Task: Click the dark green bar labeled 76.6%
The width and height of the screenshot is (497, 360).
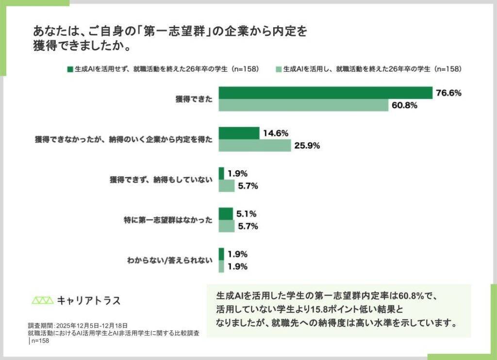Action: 325,93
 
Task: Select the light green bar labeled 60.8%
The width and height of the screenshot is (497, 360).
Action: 303,105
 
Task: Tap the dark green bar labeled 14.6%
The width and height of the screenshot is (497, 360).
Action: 239,133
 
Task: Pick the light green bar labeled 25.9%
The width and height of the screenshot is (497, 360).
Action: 254,146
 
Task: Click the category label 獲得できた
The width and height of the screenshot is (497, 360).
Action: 194,99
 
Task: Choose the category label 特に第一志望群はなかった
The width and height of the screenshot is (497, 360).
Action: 168,220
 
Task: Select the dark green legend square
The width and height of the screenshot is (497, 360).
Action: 69,69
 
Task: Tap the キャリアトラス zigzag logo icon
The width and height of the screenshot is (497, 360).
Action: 43,300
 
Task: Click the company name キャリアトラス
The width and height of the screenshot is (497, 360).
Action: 89,300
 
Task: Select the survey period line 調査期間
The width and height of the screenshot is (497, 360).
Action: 78,326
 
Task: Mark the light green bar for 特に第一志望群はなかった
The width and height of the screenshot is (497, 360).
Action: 226,226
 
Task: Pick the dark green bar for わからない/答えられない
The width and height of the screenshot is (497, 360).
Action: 221,254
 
